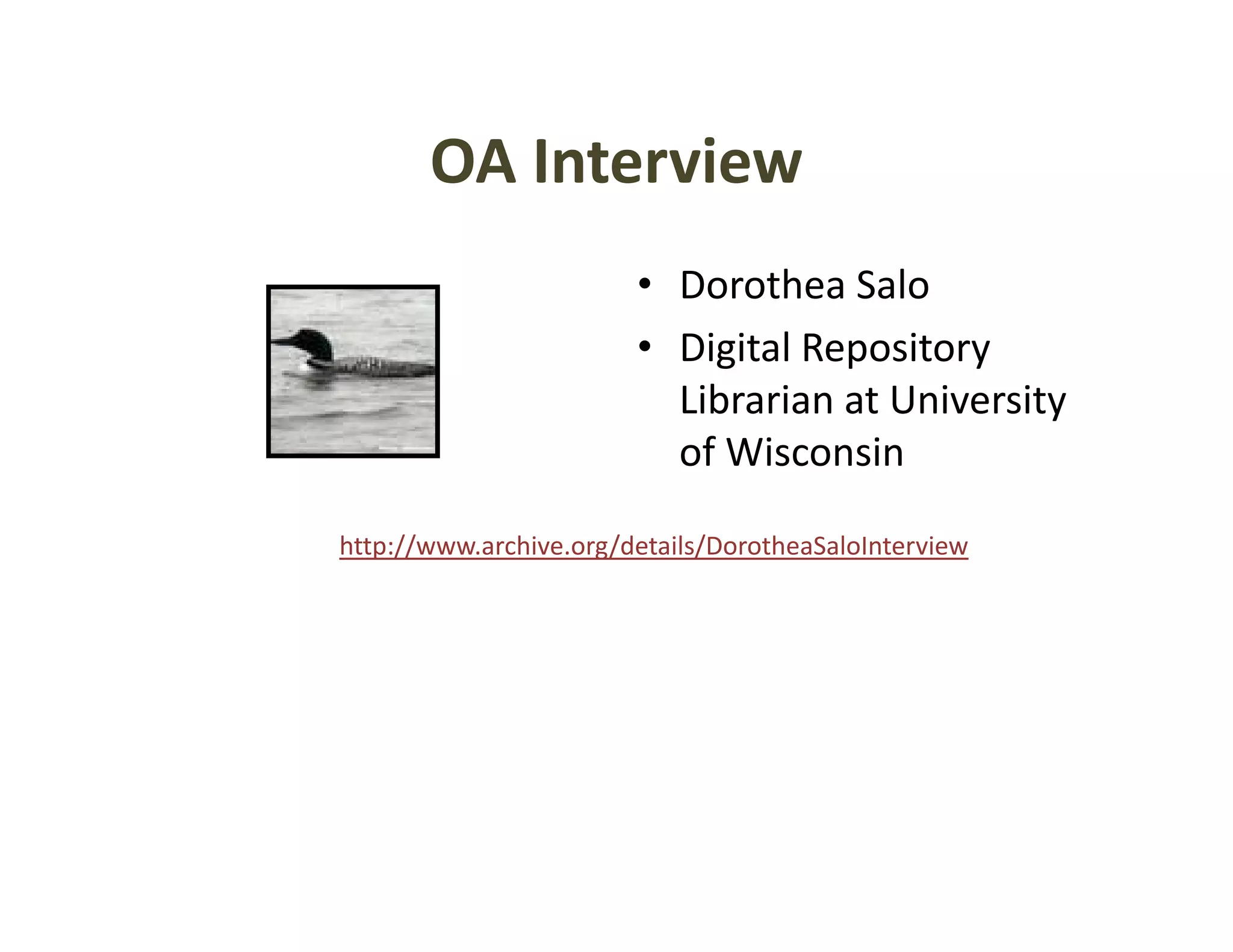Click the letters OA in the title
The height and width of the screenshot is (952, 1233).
pyautogui.click(x=473, y=161)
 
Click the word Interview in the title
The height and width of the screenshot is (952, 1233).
pyautogui.click(x=668, y=161)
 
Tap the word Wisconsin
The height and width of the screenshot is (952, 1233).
pyautogui.click(x=815, y=452)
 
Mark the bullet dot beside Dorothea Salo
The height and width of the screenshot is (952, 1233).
pyautogui.click(x=645, y=283)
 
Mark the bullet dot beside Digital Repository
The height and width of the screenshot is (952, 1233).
pyautogui.click(x=645, y=347)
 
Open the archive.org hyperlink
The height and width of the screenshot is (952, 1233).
pyautogui.click(x=653, y=546)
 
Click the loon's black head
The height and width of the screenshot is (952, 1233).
pyautogui.click(x=315, y=342)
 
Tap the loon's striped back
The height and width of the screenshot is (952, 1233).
pyautogui.click(x=373, y=365)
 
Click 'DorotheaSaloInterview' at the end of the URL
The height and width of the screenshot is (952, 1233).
pyautogui.click(x=836, y=546)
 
